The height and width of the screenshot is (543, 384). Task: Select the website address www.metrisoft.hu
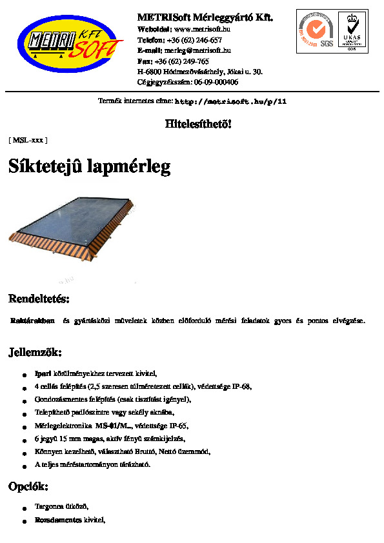pos(203,29)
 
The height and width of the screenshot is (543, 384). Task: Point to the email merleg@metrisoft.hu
pos(197,50)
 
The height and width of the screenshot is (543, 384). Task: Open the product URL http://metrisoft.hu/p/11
pos(230,102)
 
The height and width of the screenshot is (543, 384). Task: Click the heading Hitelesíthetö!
pos(198,124)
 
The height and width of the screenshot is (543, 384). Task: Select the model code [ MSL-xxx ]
pos(28,139)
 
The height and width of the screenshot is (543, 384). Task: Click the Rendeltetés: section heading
pos(39,299)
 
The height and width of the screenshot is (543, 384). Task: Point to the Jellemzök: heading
pos(35,352)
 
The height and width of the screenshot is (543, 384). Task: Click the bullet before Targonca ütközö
pos(24,508)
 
